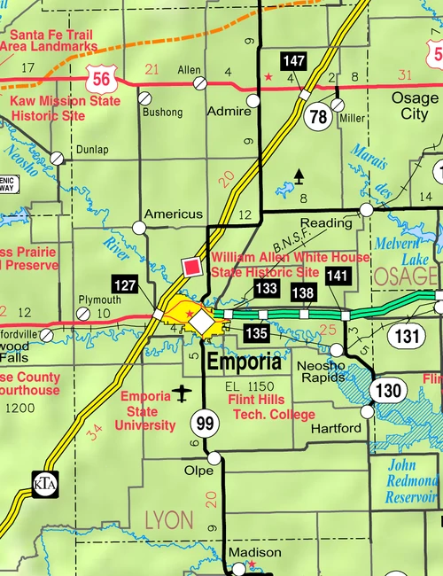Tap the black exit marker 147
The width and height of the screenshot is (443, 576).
point(294,61)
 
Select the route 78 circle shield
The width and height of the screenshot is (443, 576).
point(318,115)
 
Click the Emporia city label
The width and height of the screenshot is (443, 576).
point(244,362)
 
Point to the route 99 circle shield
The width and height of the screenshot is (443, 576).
point(206,424)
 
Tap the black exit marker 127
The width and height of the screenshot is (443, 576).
point(125,284)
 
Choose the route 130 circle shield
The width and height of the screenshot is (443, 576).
point(387,391)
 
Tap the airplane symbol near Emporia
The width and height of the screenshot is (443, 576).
point(183,392)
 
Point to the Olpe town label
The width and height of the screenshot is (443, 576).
point(198,471)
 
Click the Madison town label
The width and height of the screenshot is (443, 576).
point(254,552)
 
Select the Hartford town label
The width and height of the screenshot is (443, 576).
point(336,428)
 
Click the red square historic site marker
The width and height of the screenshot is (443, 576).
point(190,267)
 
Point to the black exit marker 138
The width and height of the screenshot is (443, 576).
point(303,292)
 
